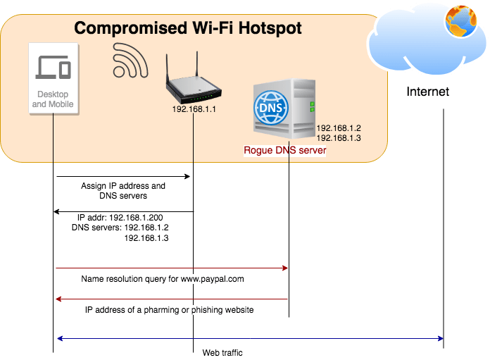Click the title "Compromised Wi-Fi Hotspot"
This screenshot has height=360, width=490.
pyautogui.click(x=188, y=28)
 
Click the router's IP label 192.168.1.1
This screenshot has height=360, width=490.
pyautogui.click(x=194, y=109)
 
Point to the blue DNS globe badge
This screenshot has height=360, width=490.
pyautogui.click(x=271, y=108)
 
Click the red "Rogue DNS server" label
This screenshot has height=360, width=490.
pyautogui.click(x=285, y=151)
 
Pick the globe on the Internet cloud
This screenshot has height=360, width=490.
pyautogui.click(x=461, y=21)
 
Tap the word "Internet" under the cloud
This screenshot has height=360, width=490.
pyautogui.click(x=428, y=92)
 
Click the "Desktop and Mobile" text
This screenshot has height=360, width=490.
pyautogui.click(x=53, y=99)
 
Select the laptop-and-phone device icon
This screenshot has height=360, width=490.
pyautogui.click(x=54, y=67)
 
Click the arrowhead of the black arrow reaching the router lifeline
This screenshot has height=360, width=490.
pyautogui.click(x=187, y=176)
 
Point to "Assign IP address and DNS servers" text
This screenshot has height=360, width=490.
pyautogui.click(x=123, y=191)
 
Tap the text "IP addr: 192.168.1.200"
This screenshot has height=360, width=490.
pyautogui.click(x=120, y=218)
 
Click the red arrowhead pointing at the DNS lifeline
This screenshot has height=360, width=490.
pyautogui.click(x=285, y=268)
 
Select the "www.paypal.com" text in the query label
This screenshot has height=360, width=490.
pyautogui.click(x=213, y=279)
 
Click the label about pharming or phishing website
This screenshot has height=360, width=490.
pyautogui.click(x=170, y=310)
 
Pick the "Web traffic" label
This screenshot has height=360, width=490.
pyautogui.click(x=222, y=353)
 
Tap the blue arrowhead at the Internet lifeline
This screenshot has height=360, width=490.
pyautogui.click(x=441, y=338)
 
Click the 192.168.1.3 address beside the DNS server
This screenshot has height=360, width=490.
pyautogui.click(x=339, y=138)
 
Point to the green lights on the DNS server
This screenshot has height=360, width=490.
pyautogui.click(x=312, y=106)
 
